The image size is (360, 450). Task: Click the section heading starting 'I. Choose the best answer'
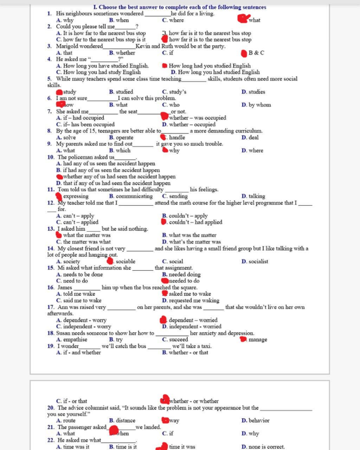(180, 7)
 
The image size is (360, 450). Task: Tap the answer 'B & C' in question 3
(256, 53)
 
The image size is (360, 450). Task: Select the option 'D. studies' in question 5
(253, 92)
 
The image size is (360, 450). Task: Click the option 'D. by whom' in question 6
(256, 105)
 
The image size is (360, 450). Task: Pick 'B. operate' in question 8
(121, 137)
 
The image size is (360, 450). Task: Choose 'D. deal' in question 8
(250, 137)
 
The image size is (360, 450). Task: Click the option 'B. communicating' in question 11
(131, 196)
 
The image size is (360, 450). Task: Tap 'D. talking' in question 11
(253, 196)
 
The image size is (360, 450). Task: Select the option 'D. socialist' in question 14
(255, 261)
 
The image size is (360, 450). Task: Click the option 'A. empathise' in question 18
(71, 340)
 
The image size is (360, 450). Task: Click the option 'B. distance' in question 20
(122, 420)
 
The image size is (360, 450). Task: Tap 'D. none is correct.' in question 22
(263, 447)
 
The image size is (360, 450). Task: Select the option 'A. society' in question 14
(68, 261)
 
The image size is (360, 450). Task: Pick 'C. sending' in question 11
(175, 196)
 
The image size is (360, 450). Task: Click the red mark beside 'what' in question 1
(243, 19)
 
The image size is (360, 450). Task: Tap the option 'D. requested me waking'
(191, 301)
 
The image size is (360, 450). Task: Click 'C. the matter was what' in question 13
(83, 242)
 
